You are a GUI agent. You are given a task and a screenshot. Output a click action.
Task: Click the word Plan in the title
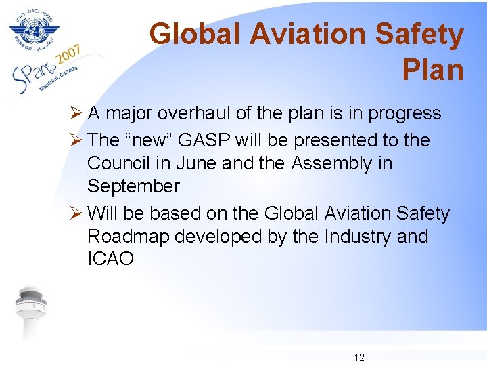point(433,69)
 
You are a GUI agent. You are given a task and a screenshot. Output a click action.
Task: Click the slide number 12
point(359,357)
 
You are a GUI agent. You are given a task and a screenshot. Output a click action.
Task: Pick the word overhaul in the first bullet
point(197,114)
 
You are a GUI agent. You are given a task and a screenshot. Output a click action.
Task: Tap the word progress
point(404,114)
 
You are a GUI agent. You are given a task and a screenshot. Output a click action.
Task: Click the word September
point(133,186)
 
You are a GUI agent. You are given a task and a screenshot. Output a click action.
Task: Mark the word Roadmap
point(131,237)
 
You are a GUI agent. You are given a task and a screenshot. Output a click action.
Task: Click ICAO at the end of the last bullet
point(111,259)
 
